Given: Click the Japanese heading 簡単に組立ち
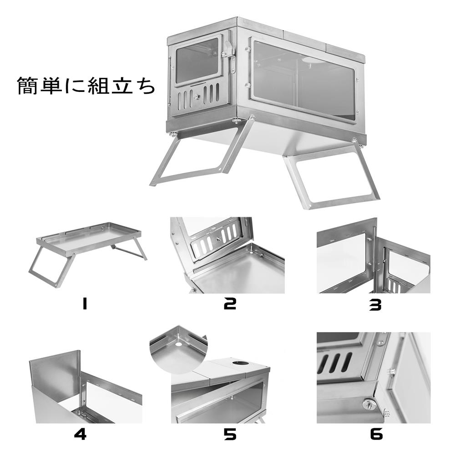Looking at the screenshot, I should click(86, 86).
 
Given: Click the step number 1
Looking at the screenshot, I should click(84, 304).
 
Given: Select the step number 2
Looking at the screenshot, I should click(230, 304).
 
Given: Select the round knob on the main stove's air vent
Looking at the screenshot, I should click(197, 96).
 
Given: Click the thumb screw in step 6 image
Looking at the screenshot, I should click(369, 404).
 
